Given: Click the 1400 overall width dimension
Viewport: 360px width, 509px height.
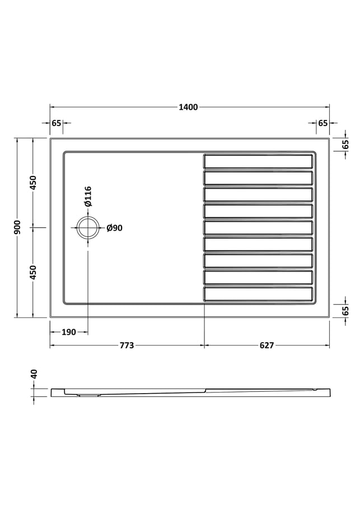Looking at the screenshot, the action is click(188, 107).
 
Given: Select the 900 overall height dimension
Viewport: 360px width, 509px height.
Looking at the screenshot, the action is click(17, 227).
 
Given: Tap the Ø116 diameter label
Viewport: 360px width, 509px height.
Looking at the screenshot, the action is click(88, 197).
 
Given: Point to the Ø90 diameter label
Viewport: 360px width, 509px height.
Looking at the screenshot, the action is click(115, 228).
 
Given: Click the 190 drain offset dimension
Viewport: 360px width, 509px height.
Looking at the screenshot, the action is click(68, 332).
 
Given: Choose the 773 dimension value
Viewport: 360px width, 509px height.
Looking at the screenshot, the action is click(127, 345).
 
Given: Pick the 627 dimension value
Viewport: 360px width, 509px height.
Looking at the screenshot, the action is click(267, 345).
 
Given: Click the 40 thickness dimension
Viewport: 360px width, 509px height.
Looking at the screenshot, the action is click(34, 374).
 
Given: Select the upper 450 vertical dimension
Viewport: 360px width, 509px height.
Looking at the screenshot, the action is click(34, 183).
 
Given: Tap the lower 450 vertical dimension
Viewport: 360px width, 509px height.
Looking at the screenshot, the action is click(34, 273).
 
